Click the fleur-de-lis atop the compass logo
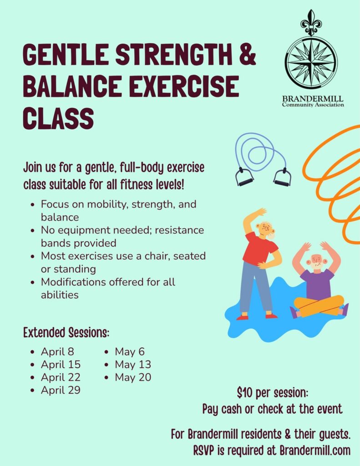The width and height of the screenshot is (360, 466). click(311, 22)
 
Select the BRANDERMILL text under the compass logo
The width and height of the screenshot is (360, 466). click(313, 98)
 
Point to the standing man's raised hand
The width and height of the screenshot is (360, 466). click(260, 212)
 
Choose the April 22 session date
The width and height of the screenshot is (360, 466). click(61, 377)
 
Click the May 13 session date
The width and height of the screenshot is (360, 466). click(133, 365)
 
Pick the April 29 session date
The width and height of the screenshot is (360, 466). click(61, 390)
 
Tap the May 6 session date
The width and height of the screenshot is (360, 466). click(130, 352)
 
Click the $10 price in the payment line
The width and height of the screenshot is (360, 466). click(245, 393)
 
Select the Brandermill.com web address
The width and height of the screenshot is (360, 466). click(315, 450)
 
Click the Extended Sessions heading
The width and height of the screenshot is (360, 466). click(66, 332)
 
